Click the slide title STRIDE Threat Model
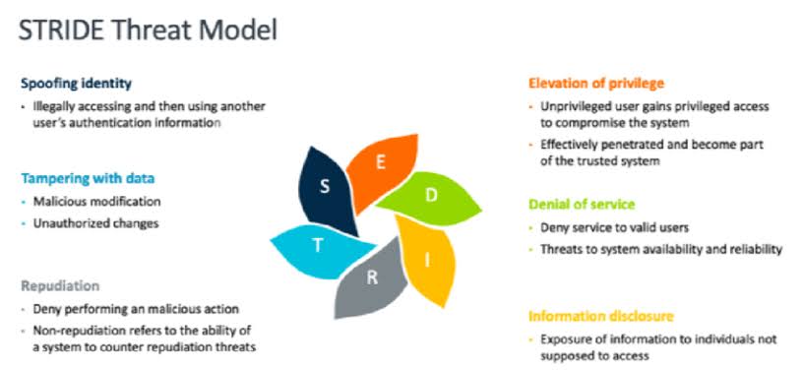[148, 31]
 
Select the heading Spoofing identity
[76, 84]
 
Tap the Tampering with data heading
[88, 178]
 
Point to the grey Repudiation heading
[60, 285]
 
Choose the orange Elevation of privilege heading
[596, 84]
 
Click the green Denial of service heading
[582, 205]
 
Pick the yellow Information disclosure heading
[601, 316]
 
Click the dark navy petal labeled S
[327, 189]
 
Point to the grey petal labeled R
[371, 278]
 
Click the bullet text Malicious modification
[96, 202]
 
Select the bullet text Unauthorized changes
[95, 223]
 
